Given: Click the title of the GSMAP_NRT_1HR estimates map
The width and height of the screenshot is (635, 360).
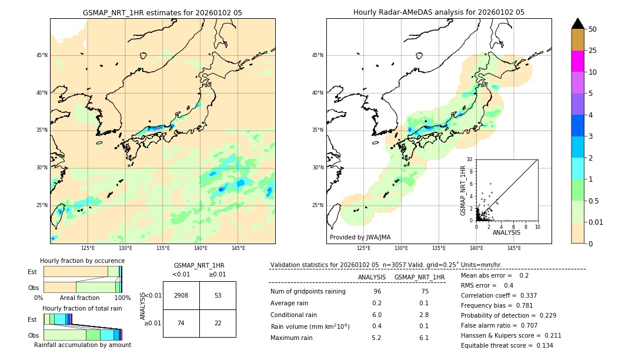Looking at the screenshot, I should click(x=162, y=12).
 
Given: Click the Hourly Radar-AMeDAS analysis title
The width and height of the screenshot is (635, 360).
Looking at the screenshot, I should click(x=439, y=12).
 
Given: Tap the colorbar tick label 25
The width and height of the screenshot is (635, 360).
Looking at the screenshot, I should click(x=593, y=51).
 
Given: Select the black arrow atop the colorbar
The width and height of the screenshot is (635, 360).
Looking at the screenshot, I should click(x=578, y=24).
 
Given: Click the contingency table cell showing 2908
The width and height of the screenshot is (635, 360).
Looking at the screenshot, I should click(x=181, y=295).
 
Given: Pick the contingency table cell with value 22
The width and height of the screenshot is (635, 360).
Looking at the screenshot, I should click(x=218, y=323).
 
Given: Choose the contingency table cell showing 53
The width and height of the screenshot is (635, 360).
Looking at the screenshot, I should click(x=218, y=295).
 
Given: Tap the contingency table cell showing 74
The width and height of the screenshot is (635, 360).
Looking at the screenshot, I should click(x=181, y=323).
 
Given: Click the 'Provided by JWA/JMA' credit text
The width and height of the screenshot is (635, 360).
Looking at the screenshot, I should click(x=360, y=238).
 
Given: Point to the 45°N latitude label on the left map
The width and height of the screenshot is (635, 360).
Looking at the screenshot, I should click(x=42, y=55).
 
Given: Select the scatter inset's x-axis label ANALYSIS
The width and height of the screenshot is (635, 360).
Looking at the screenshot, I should click(x=506, y=232).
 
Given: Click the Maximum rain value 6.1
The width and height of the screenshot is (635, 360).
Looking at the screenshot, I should click(x=423, y=338).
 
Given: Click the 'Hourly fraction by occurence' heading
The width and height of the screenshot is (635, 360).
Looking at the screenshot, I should click(x=82, y=261).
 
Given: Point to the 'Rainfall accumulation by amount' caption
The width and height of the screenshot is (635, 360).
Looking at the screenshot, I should click(x=82, y=345).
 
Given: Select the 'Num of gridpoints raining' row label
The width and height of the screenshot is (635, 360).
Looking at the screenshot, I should click(x=308, y=292).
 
